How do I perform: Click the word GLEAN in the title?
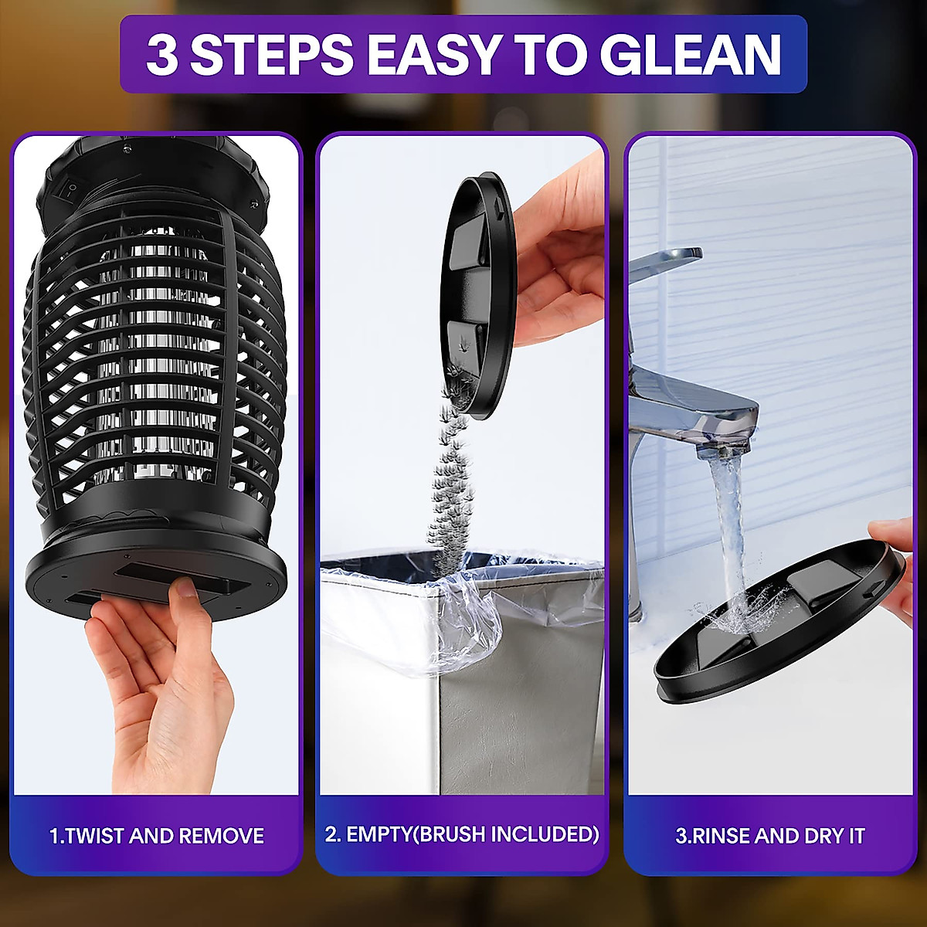coord(690,55)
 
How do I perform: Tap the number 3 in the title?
coord(161,55)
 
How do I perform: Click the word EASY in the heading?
coord(433,55)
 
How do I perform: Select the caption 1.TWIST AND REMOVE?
coord(157,836)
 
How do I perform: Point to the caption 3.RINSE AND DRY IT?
coord(769,836)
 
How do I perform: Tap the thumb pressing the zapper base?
coord(184,596)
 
